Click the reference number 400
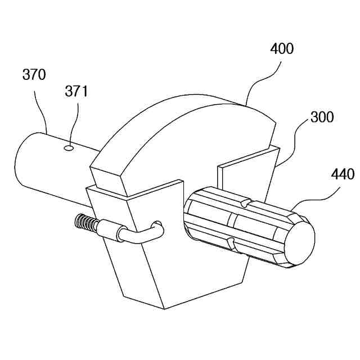coord(281,49)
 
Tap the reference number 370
coord(34,74)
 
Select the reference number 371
coord(76,91)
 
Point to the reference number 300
coord(322,118)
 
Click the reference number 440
coord(343,174)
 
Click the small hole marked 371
coord(69,148)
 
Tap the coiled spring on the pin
coord(84,223)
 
